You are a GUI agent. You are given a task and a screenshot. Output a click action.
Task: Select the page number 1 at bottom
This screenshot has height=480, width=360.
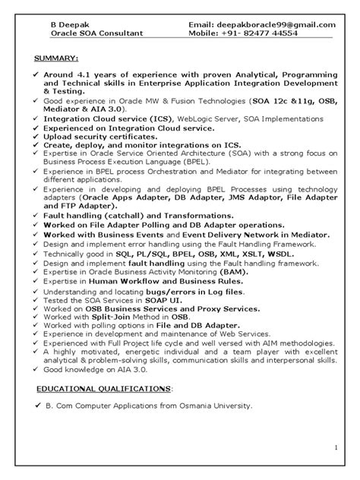336,448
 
